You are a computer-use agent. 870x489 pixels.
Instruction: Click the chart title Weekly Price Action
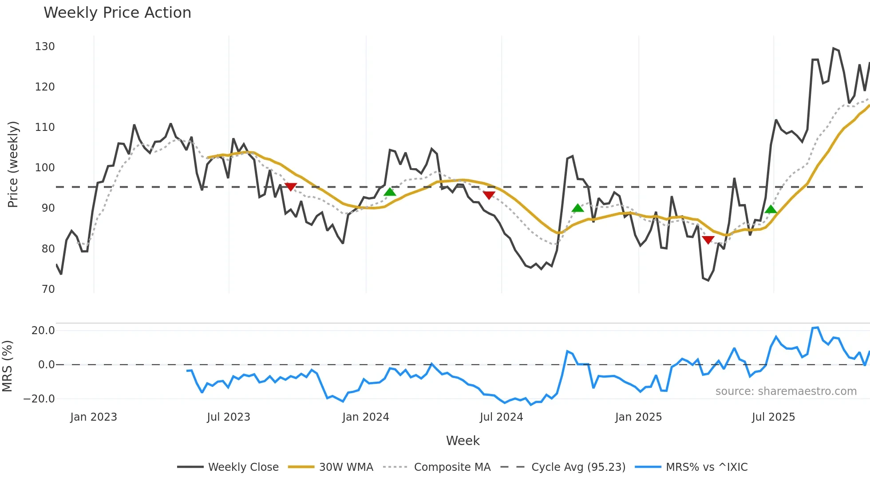117,13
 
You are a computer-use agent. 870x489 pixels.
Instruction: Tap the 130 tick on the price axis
45,47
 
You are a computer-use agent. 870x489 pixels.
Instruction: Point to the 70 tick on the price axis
48,289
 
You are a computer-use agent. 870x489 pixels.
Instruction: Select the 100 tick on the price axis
45,168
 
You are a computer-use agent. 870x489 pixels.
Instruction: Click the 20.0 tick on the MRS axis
43,331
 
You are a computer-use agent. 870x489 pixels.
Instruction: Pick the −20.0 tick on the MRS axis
39,399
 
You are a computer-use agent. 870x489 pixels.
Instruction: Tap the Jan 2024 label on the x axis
365,417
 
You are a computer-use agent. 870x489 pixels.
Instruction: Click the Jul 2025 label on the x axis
773,417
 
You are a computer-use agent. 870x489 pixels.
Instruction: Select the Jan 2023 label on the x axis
94,417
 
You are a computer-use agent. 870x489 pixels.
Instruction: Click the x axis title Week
463,441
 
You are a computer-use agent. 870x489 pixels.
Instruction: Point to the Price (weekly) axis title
13,164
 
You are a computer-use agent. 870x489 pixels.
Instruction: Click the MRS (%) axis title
7,366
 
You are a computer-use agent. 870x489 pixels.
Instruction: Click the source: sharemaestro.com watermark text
786,391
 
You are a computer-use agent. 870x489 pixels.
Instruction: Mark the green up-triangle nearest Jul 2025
771,209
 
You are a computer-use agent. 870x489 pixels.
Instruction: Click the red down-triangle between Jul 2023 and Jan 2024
290,187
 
